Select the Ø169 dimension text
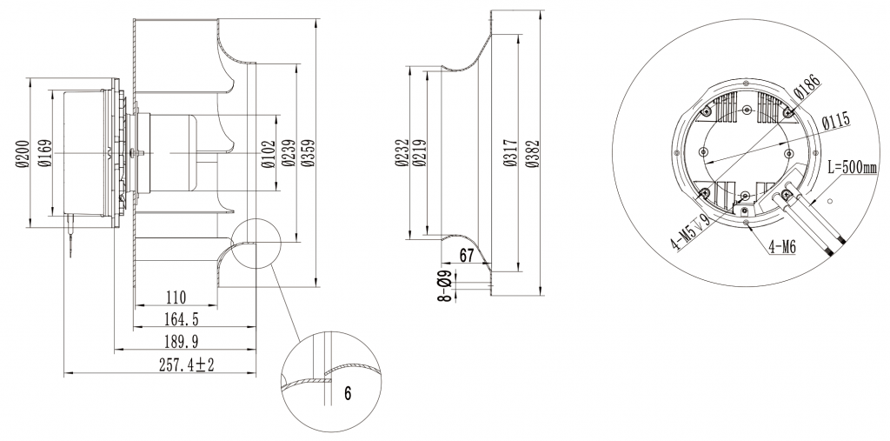pyautogui.click(x=44, y=154)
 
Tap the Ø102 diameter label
pyautogui.click(x=269, y=154)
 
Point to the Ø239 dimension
pyautogui.click(x=288, y=154)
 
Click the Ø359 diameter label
pyautogui.click(x=307, y=154)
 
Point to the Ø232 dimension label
pyautogui.click(x=401, y=154)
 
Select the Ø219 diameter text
pyautogui.click(x=420, y=154)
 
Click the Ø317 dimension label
pyautogui.click(x=510, y=154)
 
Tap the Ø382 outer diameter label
pyautogui.click(x=531, y=154)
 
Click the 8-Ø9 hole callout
pyautogui.click(x=443, y=286)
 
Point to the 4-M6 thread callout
pyautogui.click(x=781, y=248)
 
